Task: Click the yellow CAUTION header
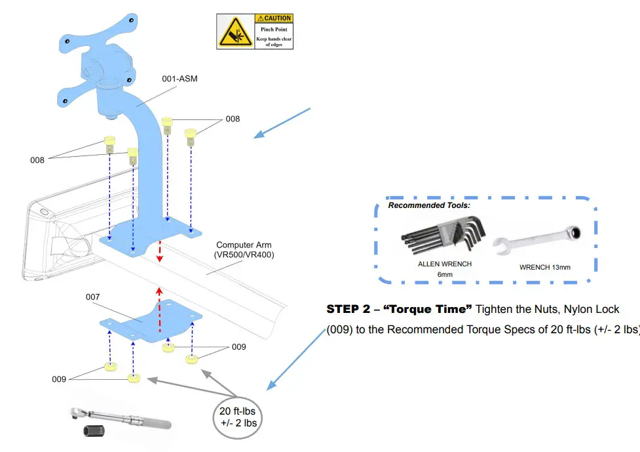[x=274, y=18]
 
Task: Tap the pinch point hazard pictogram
[x=235, y=32]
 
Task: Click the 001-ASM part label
[x=179, y=79]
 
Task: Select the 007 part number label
[x=93, y=297]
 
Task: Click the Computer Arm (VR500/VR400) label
[x=244, y=249]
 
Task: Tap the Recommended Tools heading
[x=429, y=205]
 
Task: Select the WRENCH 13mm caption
[x=545, y=267]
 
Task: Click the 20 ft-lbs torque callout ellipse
[x=237, y=416]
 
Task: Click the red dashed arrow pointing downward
[x=159, y=251]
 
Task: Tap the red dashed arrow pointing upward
[x=159, y=308]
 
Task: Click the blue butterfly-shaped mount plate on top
[x=98, y=33]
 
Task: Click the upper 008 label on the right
[x=233, y=119]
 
